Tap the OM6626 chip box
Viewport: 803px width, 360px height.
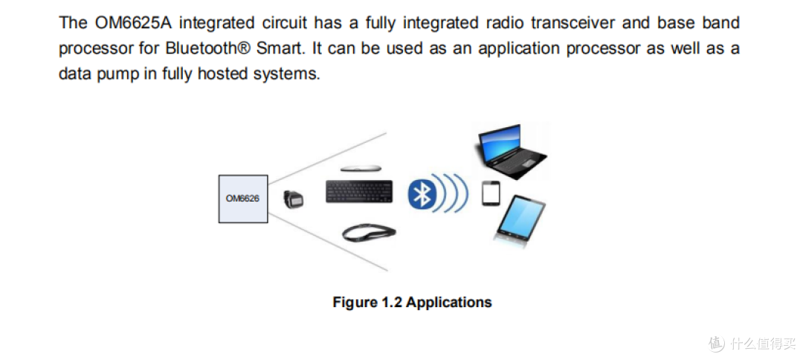pos(243,199)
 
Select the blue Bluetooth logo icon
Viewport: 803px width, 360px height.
pos(421,194)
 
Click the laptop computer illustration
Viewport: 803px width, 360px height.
pos(512,151)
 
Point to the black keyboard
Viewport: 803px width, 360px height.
pos(360,191)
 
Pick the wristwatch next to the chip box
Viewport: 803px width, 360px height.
pos(294,199)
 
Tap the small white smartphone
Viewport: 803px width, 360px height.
pos(491,193)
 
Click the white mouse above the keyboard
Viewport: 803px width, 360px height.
pos(361,169)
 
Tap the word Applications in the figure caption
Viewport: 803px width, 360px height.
pos(448,302)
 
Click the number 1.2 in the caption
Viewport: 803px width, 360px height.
pos(391,302)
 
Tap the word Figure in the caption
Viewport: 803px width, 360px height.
pos(355,303)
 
